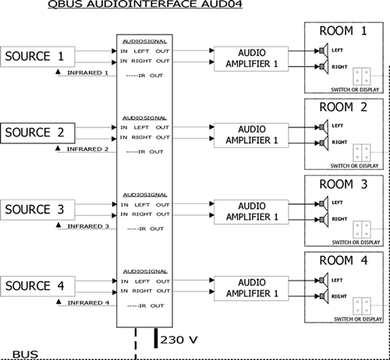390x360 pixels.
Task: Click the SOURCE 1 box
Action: click(x=37, y=57)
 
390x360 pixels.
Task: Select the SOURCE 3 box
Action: click(x=37, y=210)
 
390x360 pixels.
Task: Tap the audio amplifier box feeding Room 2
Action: click(x=251, y=136)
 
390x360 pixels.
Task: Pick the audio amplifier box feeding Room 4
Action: click(x=251, y=288)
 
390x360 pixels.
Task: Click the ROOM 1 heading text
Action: click(x=343, y=31)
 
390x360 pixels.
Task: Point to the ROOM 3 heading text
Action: click(x=343, y=184)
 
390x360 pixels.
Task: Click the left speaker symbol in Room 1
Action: click(x=324, y=51)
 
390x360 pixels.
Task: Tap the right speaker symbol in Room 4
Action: click(x=324, y=296)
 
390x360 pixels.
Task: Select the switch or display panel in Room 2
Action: click(x=362, y=153)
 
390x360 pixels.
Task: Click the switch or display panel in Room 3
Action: click(x=362, y=229)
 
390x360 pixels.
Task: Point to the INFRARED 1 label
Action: click(x=87, y=72)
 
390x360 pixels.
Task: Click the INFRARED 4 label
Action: click(x=88, y=303)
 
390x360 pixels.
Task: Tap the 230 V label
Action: click(x=179, y=340)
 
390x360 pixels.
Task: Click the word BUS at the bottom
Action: click(x=25, y=355)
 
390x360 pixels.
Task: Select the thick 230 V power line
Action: click(x=156, y=337)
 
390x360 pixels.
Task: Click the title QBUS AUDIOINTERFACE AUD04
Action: click(x=145, y=4)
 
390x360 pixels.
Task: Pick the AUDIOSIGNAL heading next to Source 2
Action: click(x=144, y=118)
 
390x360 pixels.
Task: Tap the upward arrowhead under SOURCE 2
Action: click(x=58, y=148)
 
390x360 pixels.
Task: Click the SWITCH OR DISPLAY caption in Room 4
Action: click(x=358, y=319)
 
